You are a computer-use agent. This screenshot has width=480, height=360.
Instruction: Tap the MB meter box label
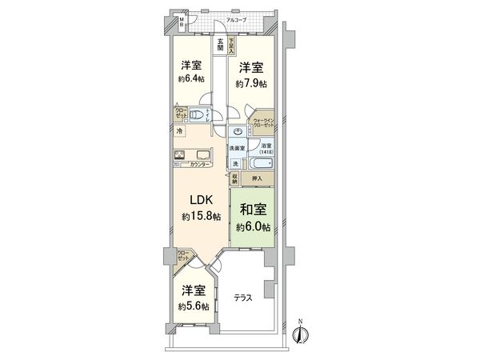181,22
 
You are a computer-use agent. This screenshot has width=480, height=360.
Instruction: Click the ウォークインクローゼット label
263,125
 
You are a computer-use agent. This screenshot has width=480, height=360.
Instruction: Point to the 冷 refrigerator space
180,131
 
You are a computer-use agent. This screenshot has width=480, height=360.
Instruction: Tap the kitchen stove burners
180,156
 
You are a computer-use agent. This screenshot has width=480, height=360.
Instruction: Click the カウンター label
201,165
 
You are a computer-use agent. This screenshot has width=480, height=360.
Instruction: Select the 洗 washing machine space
235,164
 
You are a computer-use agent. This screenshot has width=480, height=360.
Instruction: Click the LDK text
198,199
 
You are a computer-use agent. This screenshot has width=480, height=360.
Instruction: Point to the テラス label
243,298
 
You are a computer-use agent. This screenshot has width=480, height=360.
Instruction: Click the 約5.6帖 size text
194,306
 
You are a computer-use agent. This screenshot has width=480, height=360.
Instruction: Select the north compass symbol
301,335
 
